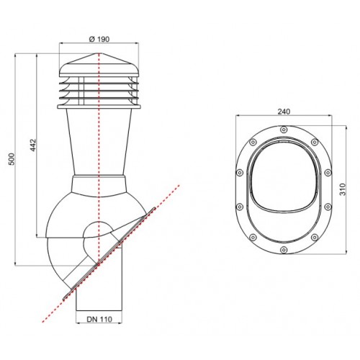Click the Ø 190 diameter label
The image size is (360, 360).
(99, 39)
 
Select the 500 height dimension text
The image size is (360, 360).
(12, 159)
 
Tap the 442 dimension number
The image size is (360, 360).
(33, 145)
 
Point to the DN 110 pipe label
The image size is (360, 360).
(99, 319)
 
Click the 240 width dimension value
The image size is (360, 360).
(284, 112)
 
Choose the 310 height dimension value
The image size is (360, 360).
(343, 189)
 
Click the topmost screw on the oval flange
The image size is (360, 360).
(284, 130)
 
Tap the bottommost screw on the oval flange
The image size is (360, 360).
(284, 250)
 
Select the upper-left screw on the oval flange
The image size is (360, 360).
(253, 143)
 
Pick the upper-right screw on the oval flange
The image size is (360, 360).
(315, 143)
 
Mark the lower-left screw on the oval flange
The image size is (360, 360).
(253, 238)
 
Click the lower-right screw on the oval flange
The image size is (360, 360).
(315, 238)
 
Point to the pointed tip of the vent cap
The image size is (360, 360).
(99, 53)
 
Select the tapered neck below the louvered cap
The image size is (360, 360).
(99, 142)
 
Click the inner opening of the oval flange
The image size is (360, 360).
(284, 183)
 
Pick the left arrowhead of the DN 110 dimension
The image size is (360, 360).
(78, 323)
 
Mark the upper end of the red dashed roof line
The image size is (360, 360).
(179, 185)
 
